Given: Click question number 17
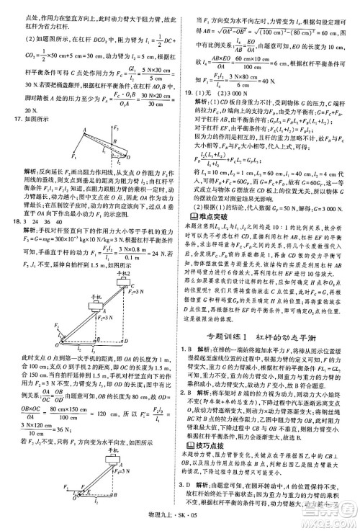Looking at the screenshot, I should click(9, 117).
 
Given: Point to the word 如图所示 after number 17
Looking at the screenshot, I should click(28, 117).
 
